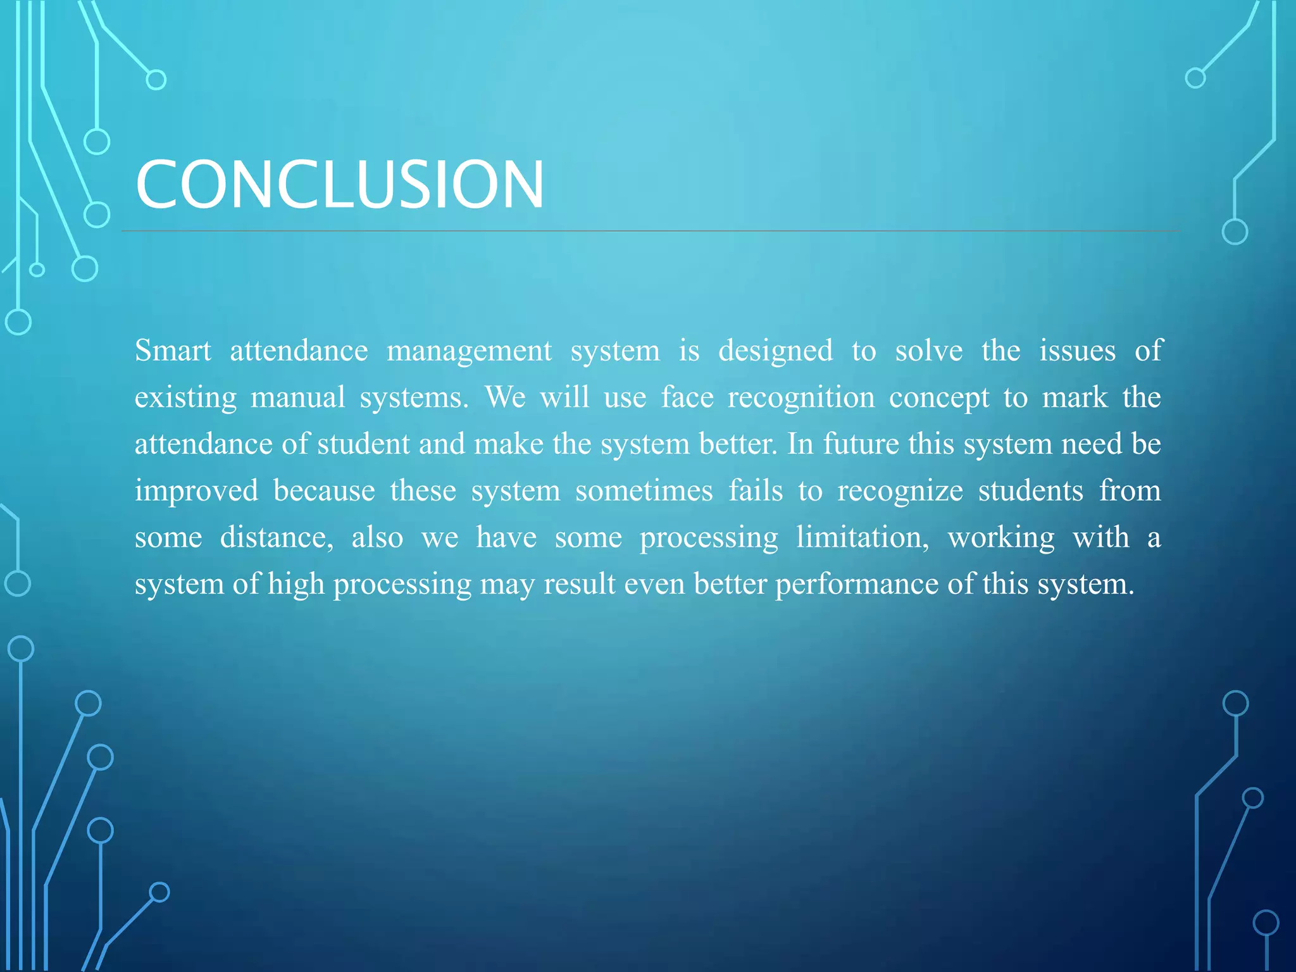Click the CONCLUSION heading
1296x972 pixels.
coord(339,184)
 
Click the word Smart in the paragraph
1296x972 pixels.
coord(173,351)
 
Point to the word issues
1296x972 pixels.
coord(1077,351)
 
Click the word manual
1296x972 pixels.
coord(298,397)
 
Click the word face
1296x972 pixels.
coord(687,397)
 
